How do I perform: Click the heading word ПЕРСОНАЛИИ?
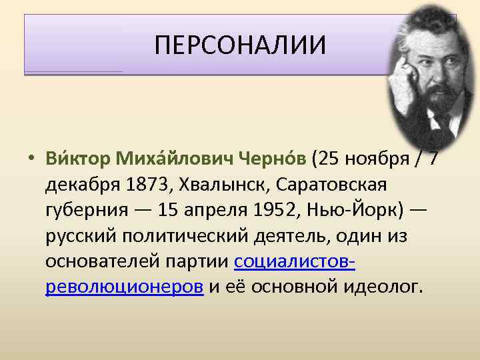pos(240,46)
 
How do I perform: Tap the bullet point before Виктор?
pos(31,159)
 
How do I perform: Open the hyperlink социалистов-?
pos(294,262)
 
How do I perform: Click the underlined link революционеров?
pos(125,287)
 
